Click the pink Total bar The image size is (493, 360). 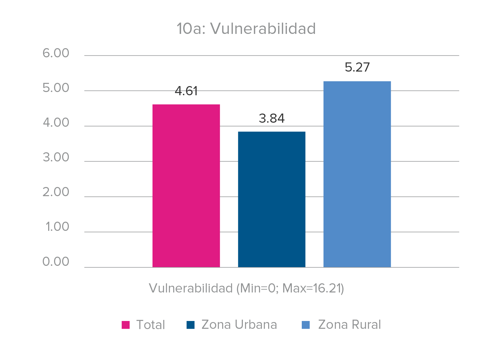pyautogui.click(x=186, y=186)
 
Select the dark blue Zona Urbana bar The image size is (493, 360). pyautogui.click(x=272, y=199)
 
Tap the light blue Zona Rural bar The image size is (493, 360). pyautogui.click(x=357, y=174)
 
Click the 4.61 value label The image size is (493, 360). pyautogui.click(x=186, y=91)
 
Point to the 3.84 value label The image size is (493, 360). pyautogui.click(x=272, y=118)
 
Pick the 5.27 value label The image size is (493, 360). pyautogui.click(x=357, y=67)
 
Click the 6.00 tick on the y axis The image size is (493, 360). pyautogui.click(x=56, y=53)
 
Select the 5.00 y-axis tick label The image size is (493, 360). pyautogui.click(x=56, y=88)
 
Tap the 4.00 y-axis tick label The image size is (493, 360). pyautogui.click(x=56, y=123)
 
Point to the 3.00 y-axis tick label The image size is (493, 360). pyautogui.click(x=56, y=158)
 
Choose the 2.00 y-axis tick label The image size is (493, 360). pyautogui.click(x=56, y=192)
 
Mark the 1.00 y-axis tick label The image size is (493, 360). pyautogui.click(x=57, y=227)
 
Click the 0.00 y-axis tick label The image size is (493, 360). pyautogui.click(x=56, y=262)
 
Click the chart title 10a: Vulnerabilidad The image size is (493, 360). pyautogui.click(x=246, y=29)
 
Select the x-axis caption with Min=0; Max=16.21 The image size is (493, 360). pyautogui.click(x=246, y=288)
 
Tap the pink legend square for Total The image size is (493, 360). pyautogui.click(x=126, y=325)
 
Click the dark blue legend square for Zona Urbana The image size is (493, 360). pyautogui.click(x=190, y=325)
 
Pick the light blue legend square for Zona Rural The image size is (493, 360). pyautogui.click(x=306, y=325)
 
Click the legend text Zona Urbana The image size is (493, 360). pyautogui.click(x=239, y=325)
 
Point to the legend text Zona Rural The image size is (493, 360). pyautogui.click(x=349, y=325)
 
